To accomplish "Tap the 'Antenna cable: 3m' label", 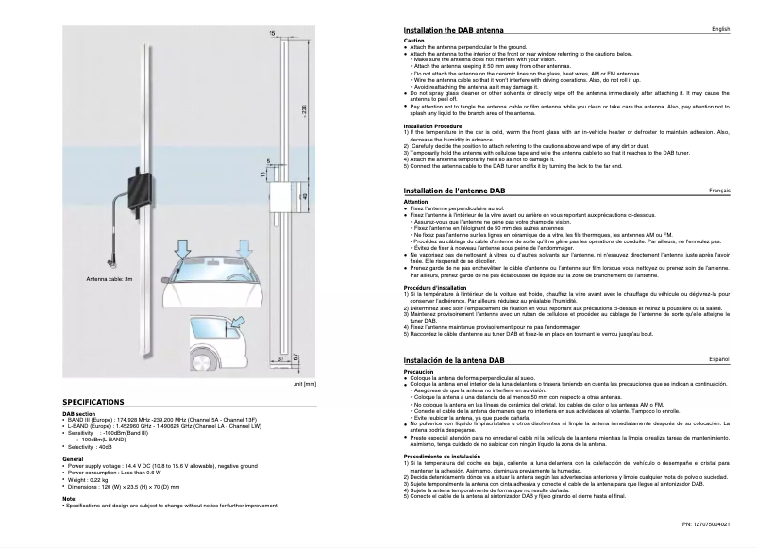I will [x=110, y=279].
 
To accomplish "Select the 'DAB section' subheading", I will [x=79, y=413].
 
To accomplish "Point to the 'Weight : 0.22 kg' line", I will [x=89, y=479].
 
